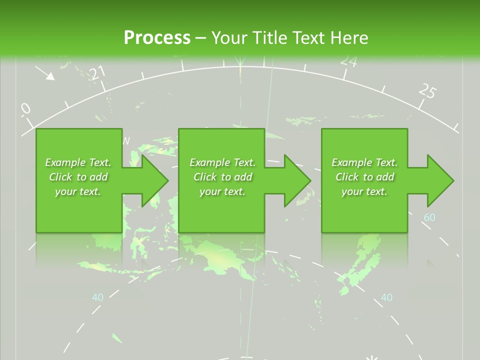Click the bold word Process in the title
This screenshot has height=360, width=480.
[157, 37]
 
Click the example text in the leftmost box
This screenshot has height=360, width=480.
[78, 177]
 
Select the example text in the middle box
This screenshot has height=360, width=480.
[222, 177]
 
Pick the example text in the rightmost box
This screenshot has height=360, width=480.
[364, 177]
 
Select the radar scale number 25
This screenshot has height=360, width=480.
[427, 91]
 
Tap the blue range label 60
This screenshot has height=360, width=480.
[429, 217]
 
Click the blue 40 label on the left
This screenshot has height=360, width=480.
[97, 297]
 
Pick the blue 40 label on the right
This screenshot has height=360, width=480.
[386, 297]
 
